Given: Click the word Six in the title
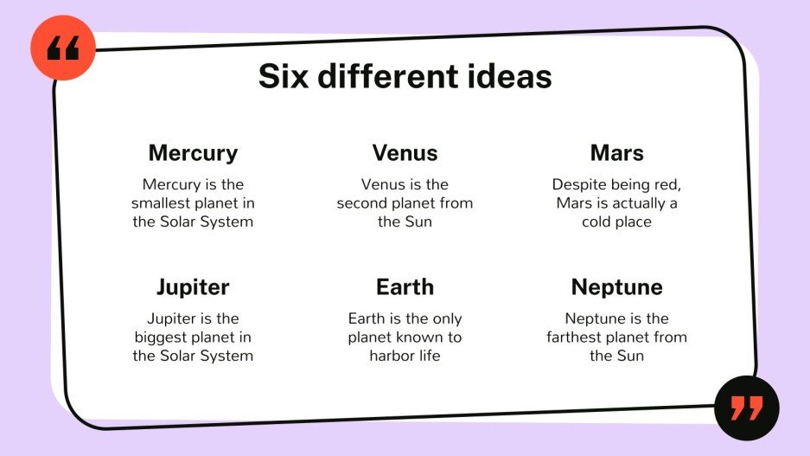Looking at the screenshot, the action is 283,76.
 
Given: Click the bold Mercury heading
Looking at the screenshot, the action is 193,153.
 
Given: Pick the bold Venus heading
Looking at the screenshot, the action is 405,153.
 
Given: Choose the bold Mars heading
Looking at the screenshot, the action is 617,153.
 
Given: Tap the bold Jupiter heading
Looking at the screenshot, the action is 193,287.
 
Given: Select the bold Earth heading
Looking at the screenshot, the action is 405,287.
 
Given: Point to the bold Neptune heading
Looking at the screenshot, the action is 617,287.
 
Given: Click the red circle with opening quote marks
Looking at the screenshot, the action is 63,48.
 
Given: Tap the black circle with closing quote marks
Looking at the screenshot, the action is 747,408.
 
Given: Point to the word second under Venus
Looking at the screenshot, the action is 362,203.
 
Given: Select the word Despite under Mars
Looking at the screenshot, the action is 578,185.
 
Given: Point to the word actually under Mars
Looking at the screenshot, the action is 639,203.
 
